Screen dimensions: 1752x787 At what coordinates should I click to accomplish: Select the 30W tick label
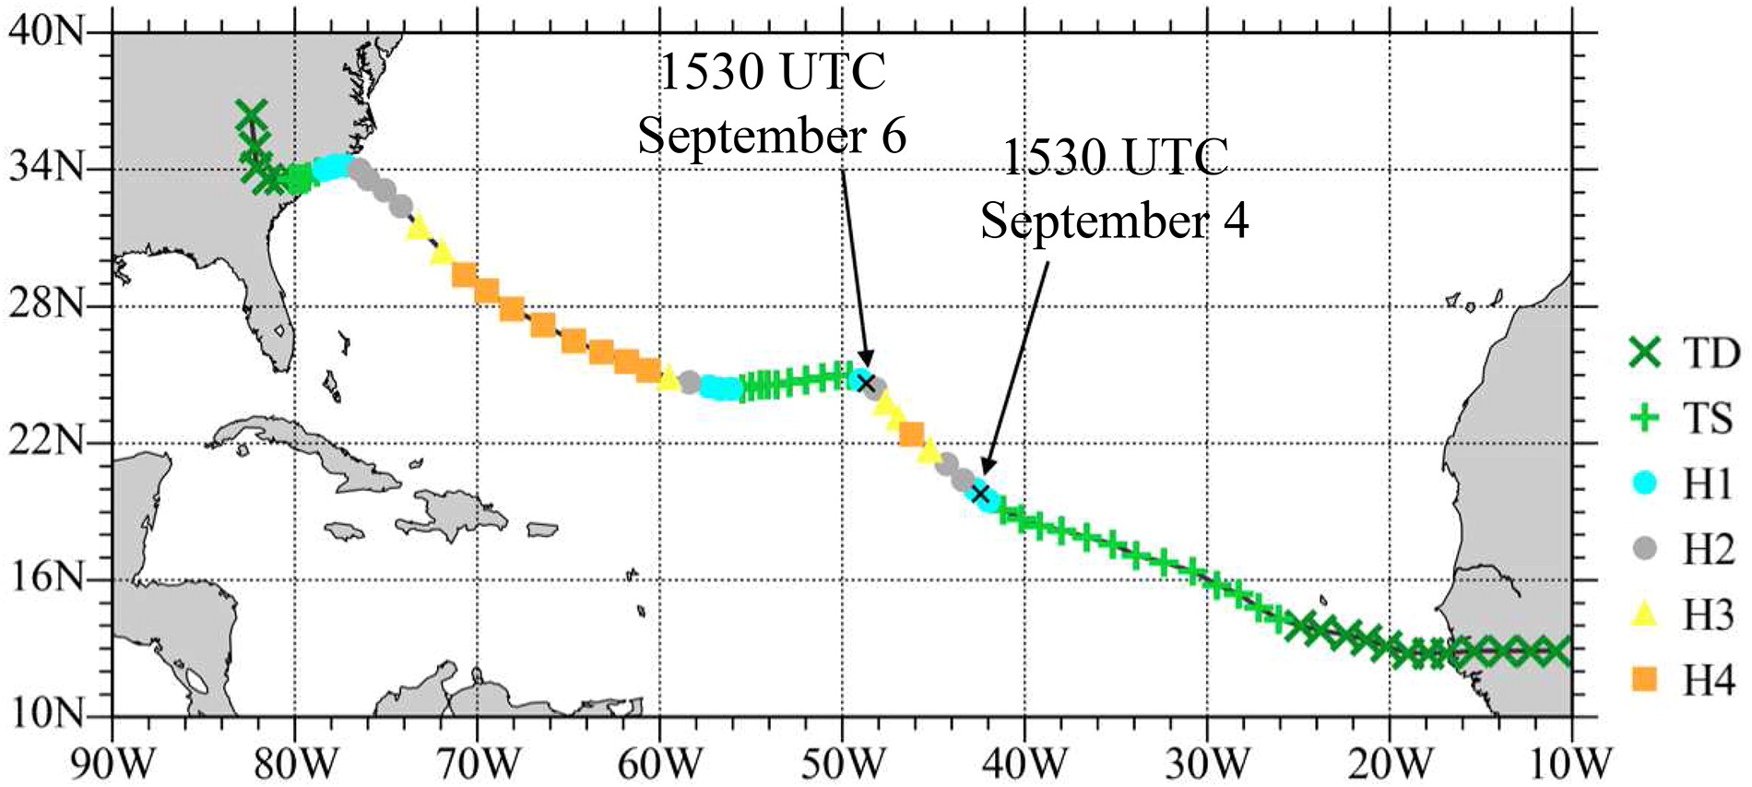tap(1205, 763)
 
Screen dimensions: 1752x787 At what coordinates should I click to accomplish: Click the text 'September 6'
tap(773, 137)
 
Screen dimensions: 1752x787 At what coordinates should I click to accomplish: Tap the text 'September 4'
tap(1114, 221)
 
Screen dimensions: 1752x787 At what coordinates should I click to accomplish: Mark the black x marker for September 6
tap(865, 383)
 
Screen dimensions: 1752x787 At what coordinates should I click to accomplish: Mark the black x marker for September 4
tap(981, 493)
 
